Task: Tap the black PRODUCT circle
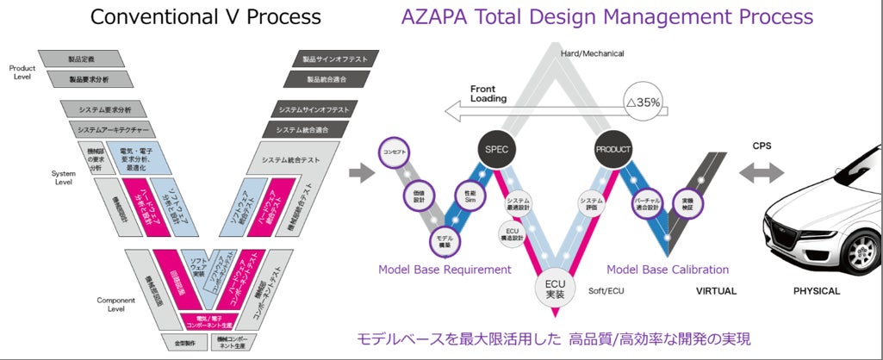tap(613, 149)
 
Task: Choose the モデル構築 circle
tap(444, 239)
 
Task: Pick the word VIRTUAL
tap(716, 291)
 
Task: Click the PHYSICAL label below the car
tap(816, 291)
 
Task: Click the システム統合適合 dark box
tap(308, 129)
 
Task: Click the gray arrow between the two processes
tap(363, 172)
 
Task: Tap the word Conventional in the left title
tap(148, 16)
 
